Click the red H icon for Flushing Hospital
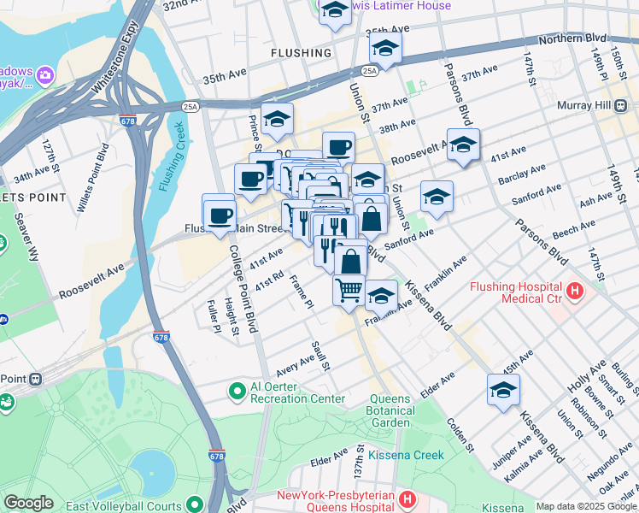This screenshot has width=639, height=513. (x=575, y=292)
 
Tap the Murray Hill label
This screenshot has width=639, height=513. (x=603, y=104)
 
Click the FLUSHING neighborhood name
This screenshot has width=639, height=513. (x=301, y=53)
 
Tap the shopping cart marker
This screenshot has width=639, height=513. (x=349, y=290)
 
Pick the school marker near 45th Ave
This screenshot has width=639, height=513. (x=503, y=388)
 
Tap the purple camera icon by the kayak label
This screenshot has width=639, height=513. (x=44, y=76)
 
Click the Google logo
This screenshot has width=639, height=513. (x=28, y=503)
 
